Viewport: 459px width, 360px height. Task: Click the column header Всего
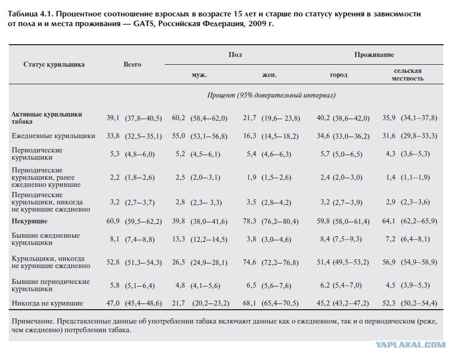pos(132,64)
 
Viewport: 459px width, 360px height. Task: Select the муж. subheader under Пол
pos(199,75)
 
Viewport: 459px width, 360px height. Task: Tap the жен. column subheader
pos(270,75)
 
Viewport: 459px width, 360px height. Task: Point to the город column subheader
pos(339,75)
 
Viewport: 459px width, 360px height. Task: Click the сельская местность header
pos(408,74)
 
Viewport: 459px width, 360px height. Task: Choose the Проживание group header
pos(374,55)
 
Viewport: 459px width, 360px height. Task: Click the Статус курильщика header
pos(54,64)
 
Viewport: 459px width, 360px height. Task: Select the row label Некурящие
pos(29,221)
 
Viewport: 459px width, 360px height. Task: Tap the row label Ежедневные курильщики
pos(53,136)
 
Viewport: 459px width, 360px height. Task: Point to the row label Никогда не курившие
pos(47,303)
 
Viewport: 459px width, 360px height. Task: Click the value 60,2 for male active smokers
pos(179,118)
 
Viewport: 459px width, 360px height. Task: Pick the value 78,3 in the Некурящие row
pos(250,221)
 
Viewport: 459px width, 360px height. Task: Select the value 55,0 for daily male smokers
pos(179,136)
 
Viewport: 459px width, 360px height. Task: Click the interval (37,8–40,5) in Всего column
pos(143,118)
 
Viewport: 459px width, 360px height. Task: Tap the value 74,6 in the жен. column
pos(250,262)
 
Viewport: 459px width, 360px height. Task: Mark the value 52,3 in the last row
pos(389,303)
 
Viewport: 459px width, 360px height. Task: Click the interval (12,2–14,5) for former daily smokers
pos(209,240)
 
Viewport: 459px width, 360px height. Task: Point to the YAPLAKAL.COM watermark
pos(410,345)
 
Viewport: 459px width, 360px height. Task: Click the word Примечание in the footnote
pos(33,321)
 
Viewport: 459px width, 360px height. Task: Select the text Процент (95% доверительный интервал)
pos(272,95)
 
